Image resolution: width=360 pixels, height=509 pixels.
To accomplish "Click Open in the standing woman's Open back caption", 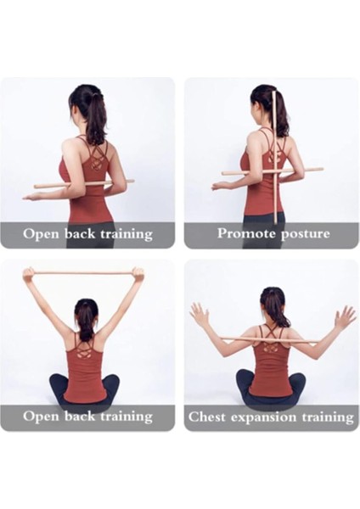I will click(39, 233).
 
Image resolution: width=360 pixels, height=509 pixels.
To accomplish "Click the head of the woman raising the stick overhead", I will click(85, 310).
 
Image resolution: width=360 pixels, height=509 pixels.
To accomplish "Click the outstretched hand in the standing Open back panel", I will click(32, 196).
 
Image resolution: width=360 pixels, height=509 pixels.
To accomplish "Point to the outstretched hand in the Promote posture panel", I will click(219, 186).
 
